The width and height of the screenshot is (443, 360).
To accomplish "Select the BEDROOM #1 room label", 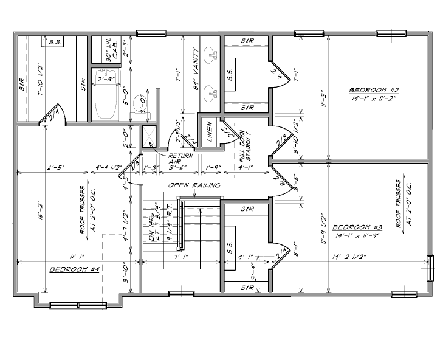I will coord(74,269).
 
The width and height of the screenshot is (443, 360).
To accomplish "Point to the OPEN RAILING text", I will coord(194,185).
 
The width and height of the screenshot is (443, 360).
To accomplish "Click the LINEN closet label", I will coord(210,131).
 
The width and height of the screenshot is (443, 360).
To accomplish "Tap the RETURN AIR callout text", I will coord(180,159).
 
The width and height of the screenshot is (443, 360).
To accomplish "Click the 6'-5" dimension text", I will coord(53,168).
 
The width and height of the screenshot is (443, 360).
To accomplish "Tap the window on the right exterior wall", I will coord(431,268).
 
